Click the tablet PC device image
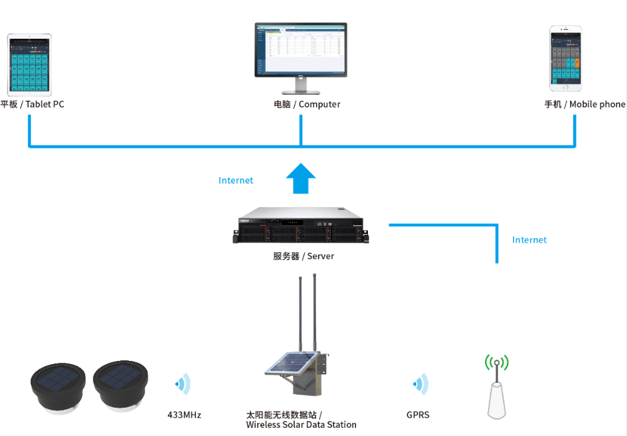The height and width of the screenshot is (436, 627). (x=29, y=63)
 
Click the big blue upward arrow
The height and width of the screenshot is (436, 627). (x=301, y=179)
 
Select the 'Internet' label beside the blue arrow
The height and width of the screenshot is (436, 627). (x=236, y=181)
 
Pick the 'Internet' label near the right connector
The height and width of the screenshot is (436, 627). (x=529, y=240)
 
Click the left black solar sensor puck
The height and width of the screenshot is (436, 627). (x=58, y=385)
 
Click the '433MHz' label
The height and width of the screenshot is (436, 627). (x=185, y=415)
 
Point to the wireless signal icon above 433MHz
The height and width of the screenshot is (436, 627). (x=183, y=384)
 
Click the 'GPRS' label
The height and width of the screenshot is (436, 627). (x=418, y=415)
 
